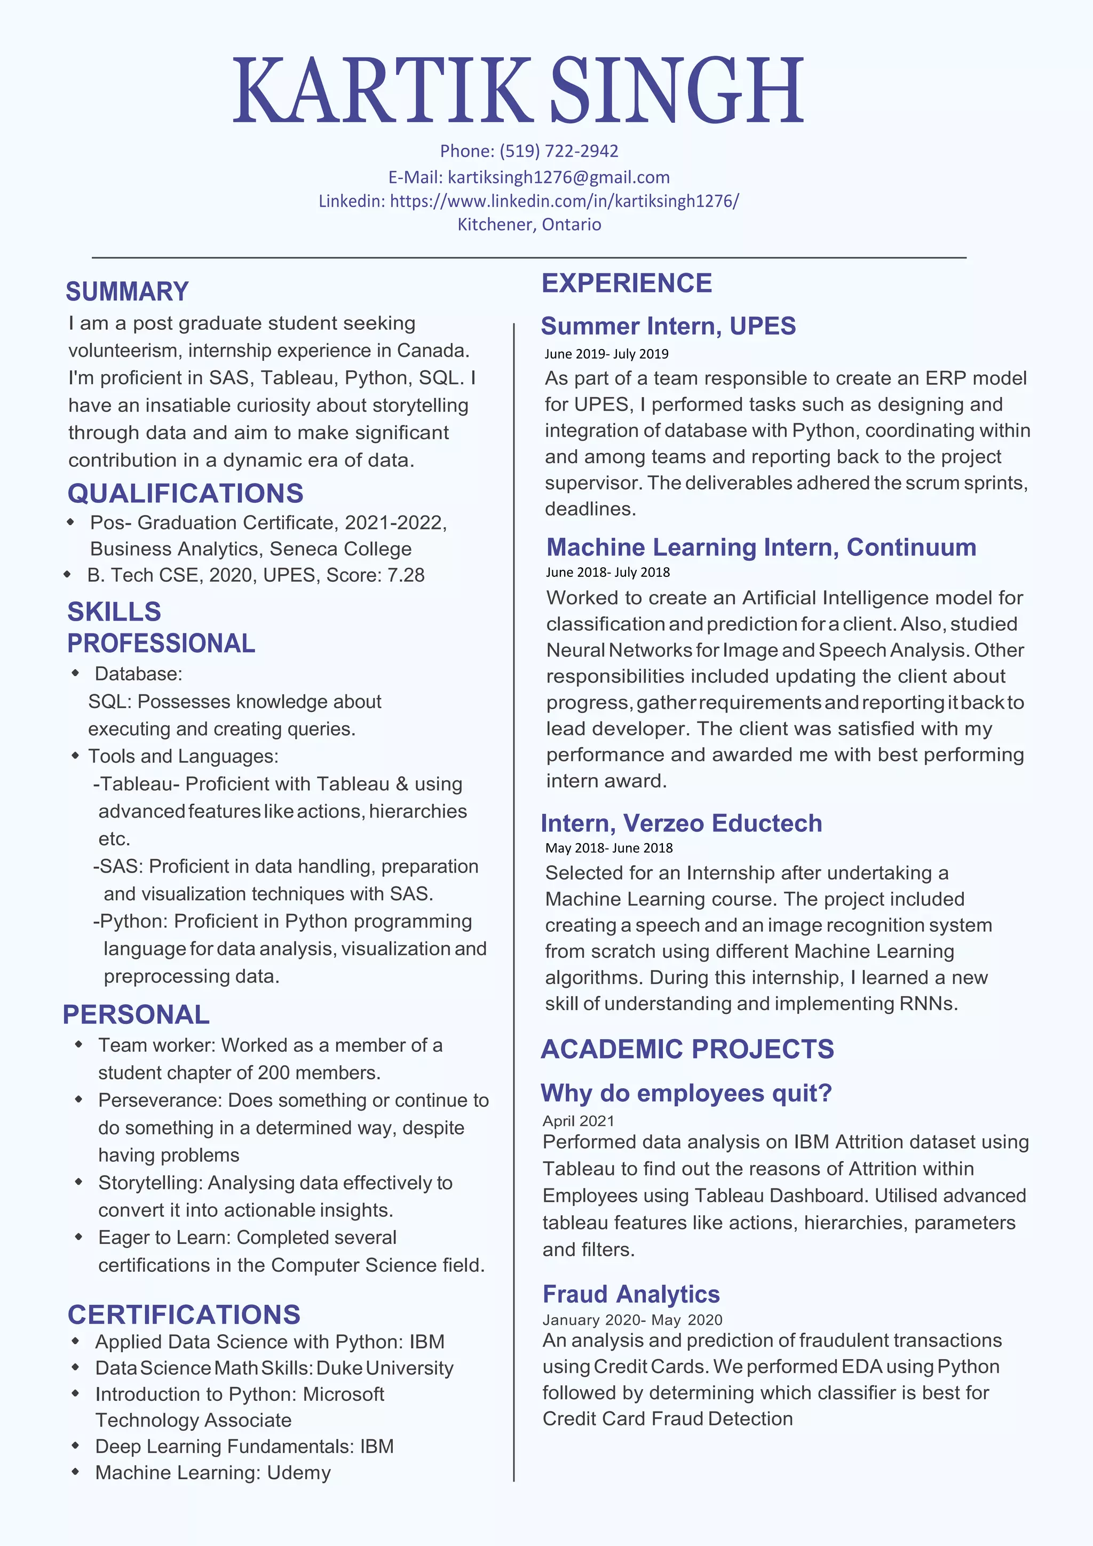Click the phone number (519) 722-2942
(x=558, y=151)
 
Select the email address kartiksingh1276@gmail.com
(x=558, y=177)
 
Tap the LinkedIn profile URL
(x=564, y=201)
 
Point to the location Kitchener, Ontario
(x=529, y=224)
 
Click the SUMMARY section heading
(x=126, y=291)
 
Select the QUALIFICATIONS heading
(x=185, y=494)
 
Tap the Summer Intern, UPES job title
(x=668, y=326)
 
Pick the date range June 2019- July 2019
(x=606, y=353)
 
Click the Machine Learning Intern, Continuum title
(x=761, y=548)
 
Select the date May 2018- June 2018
(x=609, y=848)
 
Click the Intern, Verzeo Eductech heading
(x=681, y=823)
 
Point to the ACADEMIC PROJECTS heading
(x=687, y=1049)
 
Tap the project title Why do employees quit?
(x=686, y=1093)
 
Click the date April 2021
(x=579, y=1121)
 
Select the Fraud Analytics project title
(x=631, y=1294)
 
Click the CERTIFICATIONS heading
(x=184, y=1315)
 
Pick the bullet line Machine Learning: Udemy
(x=213, y=1472)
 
